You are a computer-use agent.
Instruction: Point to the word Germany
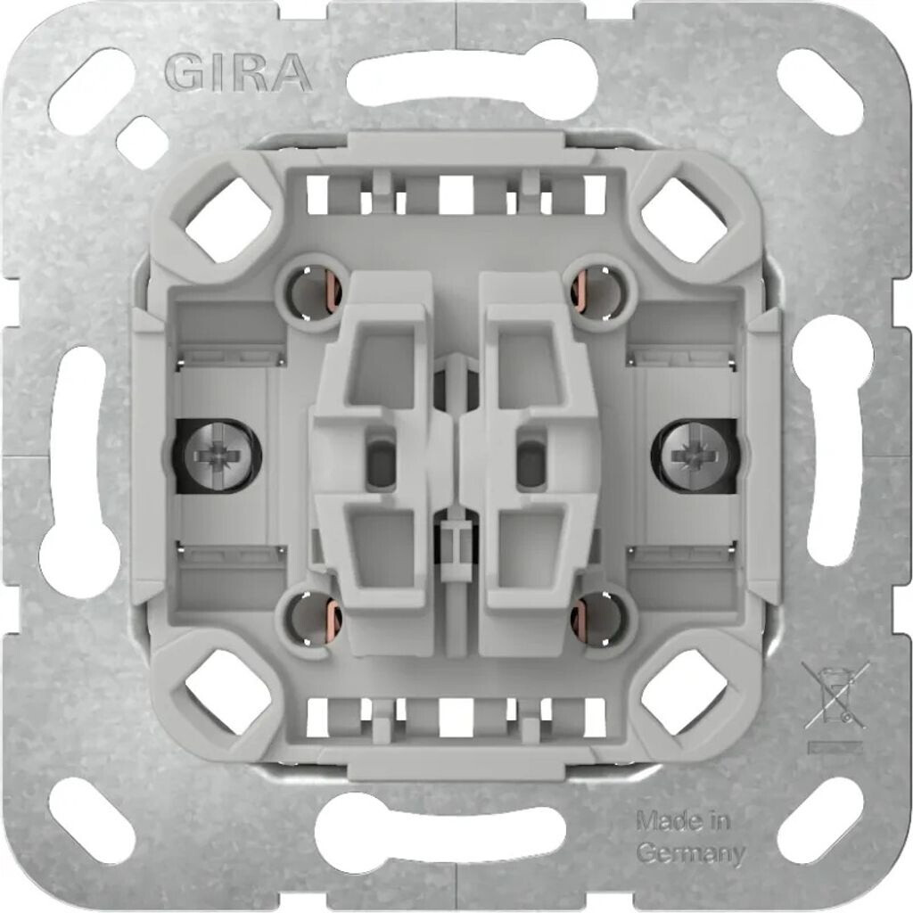pyautogui.click(x=691, y=852)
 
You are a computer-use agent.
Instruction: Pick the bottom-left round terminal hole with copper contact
pyautogui.click(x=314, y=617)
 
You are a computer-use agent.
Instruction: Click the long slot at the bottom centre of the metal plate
pyautogui.click(x=440, y=834)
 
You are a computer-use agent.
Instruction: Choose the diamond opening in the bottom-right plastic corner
pyautogui.click(x=684, y=692)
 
